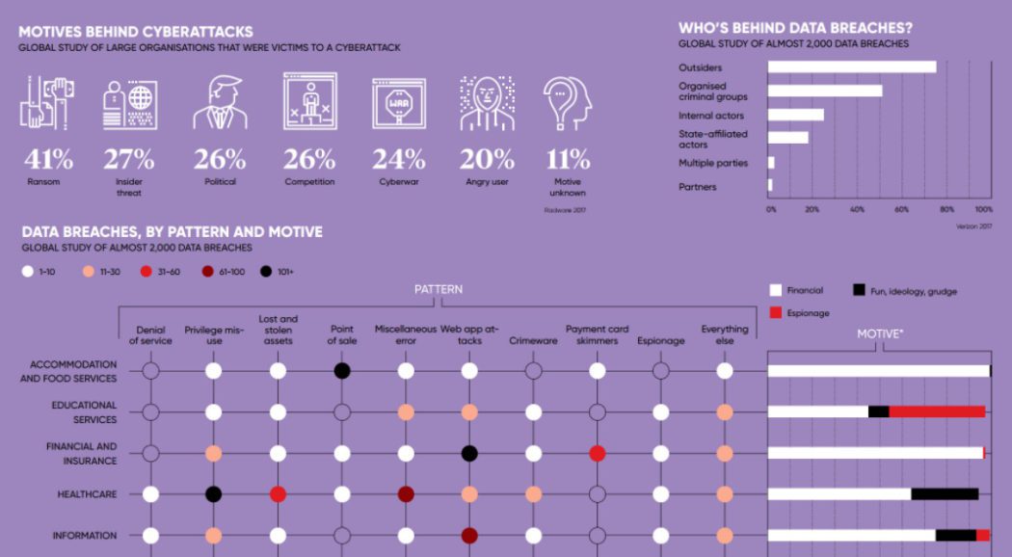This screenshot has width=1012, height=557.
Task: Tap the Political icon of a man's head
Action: pyautogui.click(x=220, y=103)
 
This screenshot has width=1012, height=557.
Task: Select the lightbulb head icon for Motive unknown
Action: pyautogui.click(x=567, y=103)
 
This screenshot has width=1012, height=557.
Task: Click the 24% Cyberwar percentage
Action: pyautogui.click(x=399, y=158)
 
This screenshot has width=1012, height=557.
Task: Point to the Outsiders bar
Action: pyautogui.click(x=852, y=67)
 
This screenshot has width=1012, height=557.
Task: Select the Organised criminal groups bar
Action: pyautogui.click(x=825, y=92)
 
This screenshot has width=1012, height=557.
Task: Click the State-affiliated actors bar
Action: pyautogui.click(x=788, y=138)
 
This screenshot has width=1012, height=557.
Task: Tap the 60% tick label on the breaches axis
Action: pyautogui.click(x=901, y=209)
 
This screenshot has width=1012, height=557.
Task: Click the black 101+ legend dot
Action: pyautogui.click(x=266, y=272)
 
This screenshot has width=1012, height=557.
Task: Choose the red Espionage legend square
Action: pyautogui.click(x=776, y=312)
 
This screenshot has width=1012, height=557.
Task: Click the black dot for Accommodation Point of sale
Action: pyautogui.click(x=341, y=371)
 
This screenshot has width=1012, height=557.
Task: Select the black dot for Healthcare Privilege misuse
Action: pyautogui.click(x=214, y=494)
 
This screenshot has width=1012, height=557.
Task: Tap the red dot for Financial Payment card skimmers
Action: pyautogui.click(x=597, y=453)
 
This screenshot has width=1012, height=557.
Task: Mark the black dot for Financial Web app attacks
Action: pyautogui.click(x=469, y=453)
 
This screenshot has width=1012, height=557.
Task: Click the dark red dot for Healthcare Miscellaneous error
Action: pyautogui.click(x=406, y=494)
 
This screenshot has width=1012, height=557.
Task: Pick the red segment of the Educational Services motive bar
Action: pyautogui.click(x=936, y=411)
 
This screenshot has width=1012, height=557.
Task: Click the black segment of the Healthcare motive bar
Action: pyautogui.click(x=945, y=494)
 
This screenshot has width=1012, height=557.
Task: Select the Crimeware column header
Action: pyautogui.click(x=533, y=340)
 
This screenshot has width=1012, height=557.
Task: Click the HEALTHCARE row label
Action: pyautogui.click(x=87, y=494)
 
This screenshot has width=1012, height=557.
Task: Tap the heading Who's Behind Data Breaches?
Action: pyautogui.click(x=795, y=28)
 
